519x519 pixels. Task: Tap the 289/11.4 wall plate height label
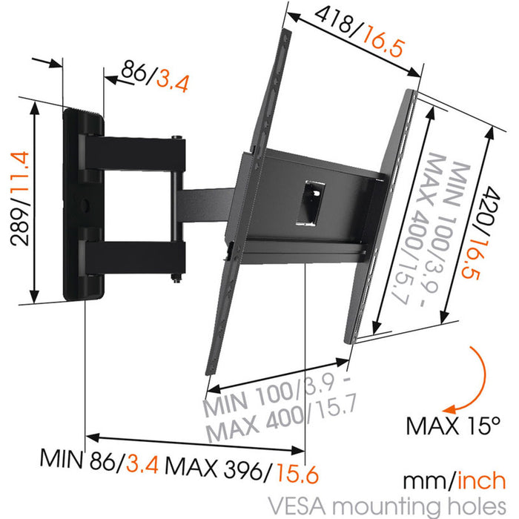click(x=20, y=202)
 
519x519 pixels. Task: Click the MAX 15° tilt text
click(x=454, y=426)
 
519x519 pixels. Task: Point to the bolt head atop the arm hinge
click(x=177, y=137)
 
